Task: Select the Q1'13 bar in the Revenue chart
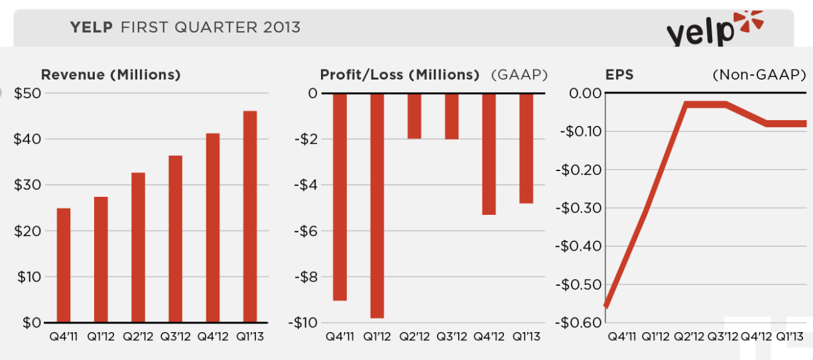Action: click(250, 216)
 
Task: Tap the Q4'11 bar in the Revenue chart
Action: click(64, 265)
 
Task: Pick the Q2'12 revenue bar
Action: click(138, 247)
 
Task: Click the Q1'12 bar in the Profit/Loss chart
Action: click(377, 206)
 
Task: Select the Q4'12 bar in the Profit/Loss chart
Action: click(489, 154)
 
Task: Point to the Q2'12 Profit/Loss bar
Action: click(414, 116)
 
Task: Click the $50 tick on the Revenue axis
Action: click(28, 93)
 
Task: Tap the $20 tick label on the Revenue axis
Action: click(28, 231)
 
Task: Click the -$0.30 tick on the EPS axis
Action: click(580, 208)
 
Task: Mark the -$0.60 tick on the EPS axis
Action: click(580, 323)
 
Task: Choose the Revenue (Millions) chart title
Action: click(111, 75)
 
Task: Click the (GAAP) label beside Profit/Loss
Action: click(519, 75)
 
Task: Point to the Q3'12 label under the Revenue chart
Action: click(175, 337)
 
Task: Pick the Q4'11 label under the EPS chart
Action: click(623, 337)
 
